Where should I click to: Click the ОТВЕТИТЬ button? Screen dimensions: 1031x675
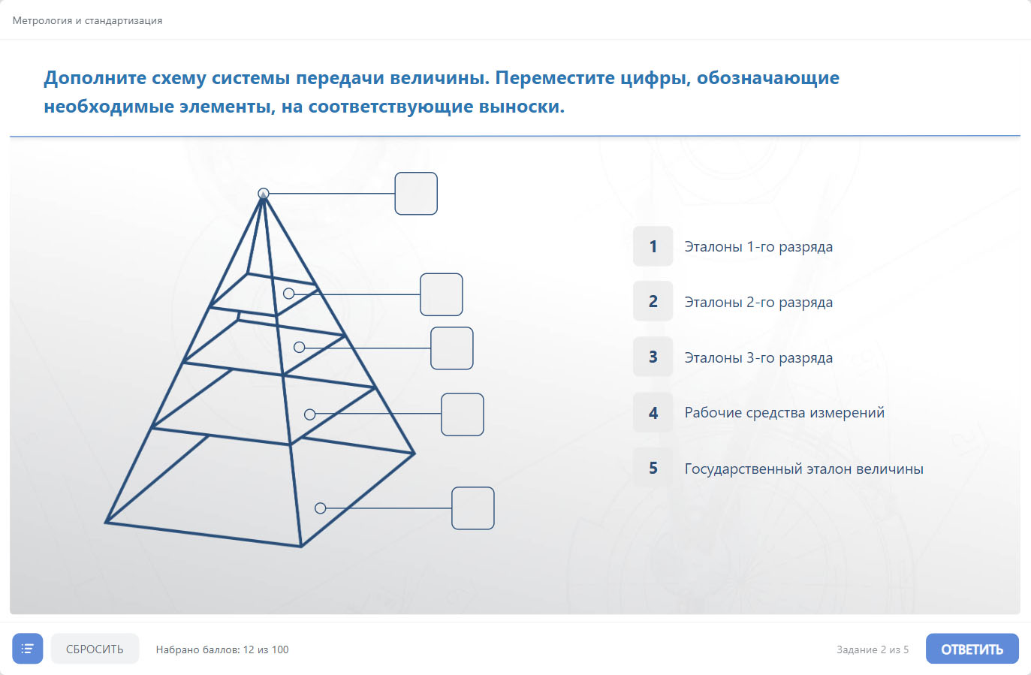pos(972,649)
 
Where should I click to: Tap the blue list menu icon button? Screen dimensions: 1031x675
pos(28,649)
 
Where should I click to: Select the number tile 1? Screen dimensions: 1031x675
pos(653,246)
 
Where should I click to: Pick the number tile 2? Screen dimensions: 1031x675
pos(653,301)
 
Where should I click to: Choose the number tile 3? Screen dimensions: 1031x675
pos(653,357)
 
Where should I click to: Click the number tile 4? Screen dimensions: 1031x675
pos(653,413)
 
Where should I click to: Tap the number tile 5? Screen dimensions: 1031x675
pos(653,468)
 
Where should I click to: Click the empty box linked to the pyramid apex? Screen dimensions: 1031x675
pos(416,194)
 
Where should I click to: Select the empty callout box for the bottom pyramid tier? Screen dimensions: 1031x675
pos(473,508)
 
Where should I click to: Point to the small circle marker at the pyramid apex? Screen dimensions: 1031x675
pos(264,193)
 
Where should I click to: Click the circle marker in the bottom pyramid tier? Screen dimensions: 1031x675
pos(321,508)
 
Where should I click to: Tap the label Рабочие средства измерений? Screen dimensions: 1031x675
pos(784,413)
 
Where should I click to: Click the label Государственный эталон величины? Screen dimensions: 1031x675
pos(804,469)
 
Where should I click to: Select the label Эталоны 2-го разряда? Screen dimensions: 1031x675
pos(758,303)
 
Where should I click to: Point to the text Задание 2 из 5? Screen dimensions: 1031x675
pos(873,649)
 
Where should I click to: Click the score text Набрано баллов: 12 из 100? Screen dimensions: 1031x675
pos(222,649)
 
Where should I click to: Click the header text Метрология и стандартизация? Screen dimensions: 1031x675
pos(87,21)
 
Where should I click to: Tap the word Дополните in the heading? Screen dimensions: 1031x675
pos(95,78)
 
